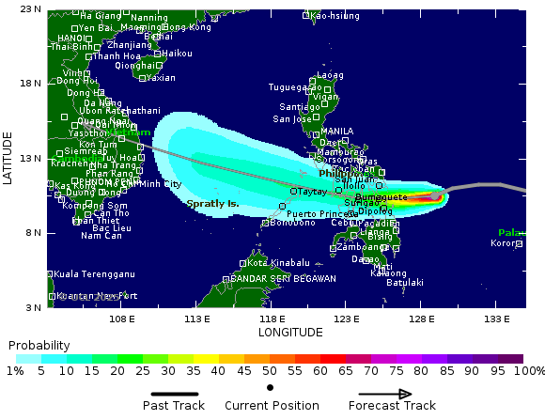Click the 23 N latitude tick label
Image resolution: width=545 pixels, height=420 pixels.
[x=31, y=9]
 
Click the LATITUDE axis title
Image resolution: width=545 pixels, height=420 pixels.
[x=8, y=158]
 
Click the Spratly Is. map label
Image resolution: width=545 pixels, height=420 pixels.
[x=213, y=203]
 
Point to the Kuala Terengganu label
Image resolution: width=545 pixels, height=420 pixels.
[x=95, y=274]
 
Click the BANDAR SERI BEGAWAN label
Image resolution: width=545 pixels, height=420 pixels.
[x=284, y=279]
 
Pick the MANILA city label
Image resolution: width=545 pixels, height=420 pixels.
[x=336, y=131]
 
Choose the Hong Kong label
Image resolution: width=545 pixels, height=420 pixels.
[x=187, y=28]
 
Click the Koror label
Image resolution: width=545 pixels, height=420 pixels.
[x=504, y=243]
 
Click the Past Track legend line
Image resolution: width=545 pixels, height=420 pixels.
[x=177, y=394]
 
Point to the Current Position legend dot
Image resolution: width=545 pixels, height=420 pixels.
[x=271, y=387]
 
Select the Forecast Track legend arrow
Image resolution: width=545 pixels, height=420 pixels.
[x=391, y=394]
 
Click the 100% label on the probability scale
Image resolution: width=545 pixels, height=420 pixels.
[x=529, y=371]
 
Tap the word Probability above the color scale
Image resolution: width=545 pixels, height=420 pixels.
[x=39, y=346]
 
